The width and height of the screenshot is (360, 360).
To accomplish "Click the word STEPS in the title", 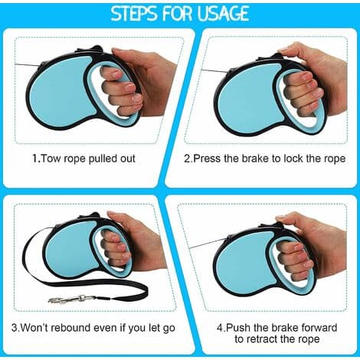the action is pos(134,13).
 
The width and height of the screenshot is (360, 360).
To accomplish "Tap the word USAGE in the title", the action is pos(223,13).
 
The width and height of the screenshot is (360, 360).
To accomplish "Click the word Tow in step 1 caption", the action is pos(51,159).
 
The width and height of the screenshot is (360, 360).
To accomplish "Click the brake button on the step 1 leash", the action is pos(95,49).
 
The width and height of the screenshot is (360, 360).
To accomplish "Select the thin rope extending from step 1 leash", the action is pos(27,65).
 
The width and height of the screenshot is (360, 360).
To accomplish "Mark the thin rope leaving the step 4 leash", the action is pos(208,244).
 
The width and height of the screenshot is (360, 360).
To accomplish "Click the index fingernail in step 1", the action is pos(118,74).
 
